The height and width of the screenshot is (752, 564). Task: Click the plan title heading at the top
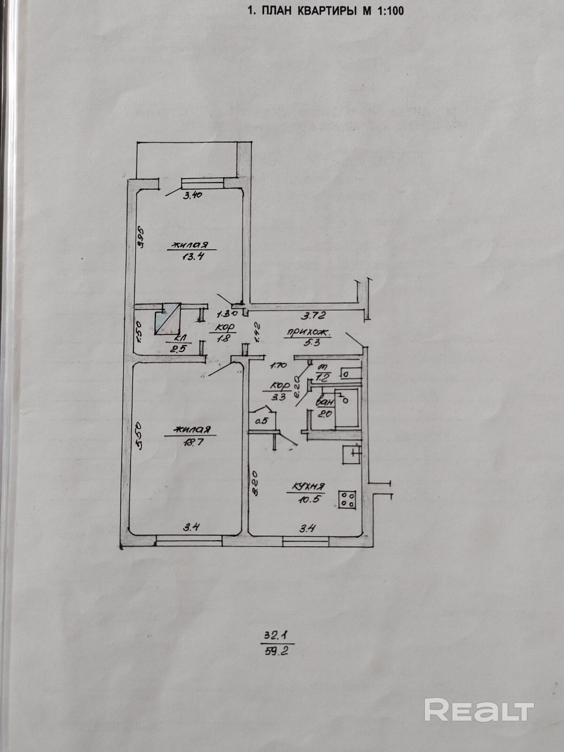pyautogui.click(x=325, y=11)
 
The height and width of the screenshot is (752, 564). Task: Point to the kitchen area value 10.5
pyautogui.click(x=309, y=500)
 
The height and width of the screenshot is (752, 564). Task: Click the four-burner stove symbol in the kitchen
pyautogui.click(x=347, y=500)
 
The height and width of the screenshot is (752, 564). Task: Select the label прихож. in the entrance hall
pyautogui.click(x=307, y=333)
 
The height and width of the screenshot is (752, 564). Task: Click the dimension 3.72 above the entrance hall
pyautogui.click(x=313, y=315)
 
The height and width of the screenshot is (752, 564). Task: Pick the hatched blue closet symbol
pyautogui.click(x=167, y=318)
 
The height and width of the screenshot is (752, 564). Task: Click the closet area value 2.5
pyautogui.click(x=173, y=348)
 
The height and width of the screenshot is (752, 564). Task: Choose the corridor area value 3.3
pyautogui.click(x=280, y=395)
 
